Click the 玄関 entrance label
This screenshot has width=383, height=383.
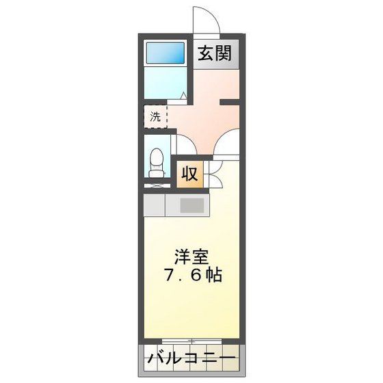coord(214,53)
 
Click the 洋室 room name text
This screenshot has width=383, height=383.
coord(191,259)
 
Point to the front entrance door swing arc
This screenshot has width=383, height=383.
coord(205,19)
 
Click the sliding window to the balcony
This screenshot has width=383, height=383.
coord(191,340)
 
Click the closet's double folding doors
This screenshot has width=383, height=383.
coord(211,174)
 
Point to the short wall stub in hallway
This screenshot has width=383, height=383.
coord(228,103)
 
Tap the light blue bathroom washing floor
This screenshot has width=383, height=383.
coord(164,85)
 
